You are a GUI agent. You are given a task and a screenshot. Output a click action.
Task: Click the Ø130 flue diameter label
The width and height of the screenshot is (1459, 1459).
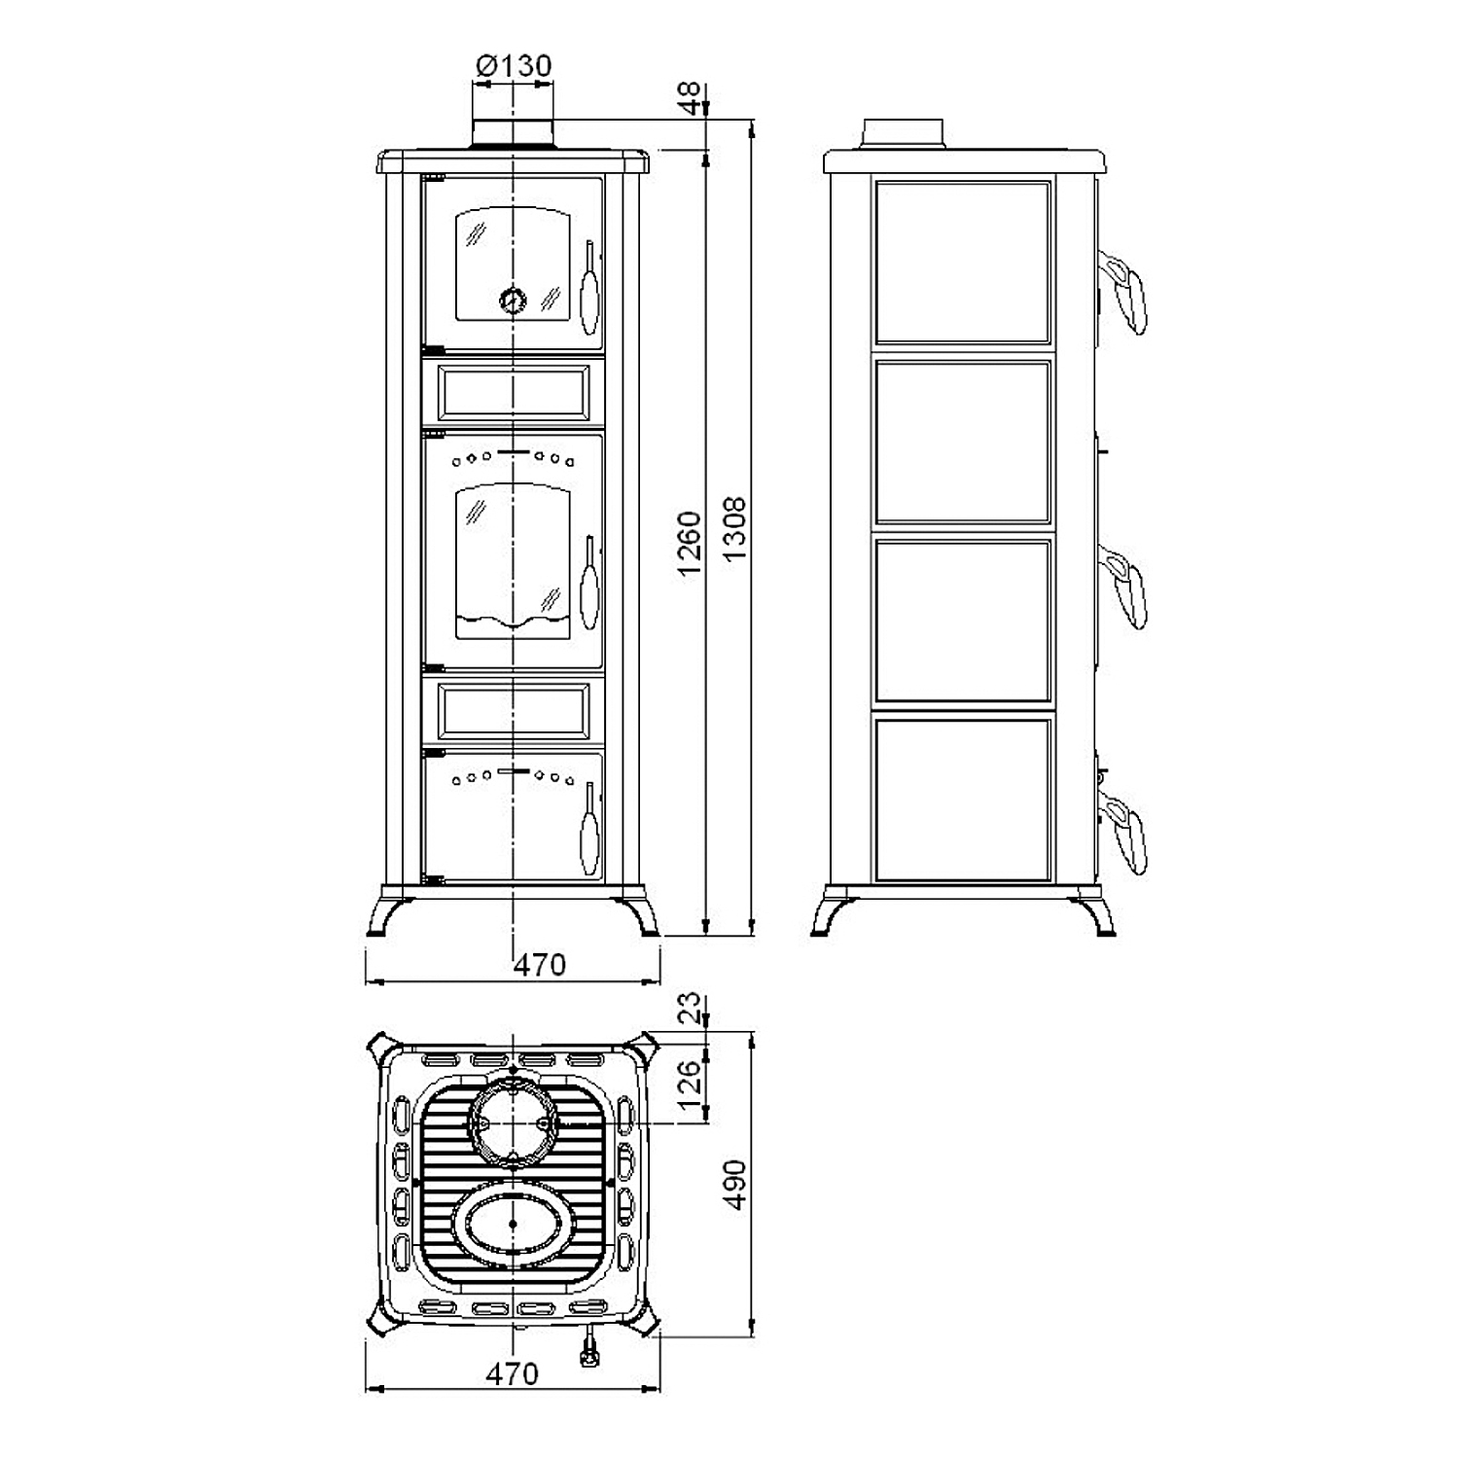pyautogui.click(x=514, y=66)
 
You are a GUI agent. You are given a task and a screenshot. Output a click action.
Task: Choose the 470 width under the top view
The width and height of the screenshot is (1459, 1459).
pyautogui.click(x=512, y=1373)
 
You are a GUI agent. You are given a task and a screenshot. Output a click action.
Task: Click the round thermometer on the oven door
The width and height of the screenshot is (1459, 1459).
pyautogui.click(x=513, y=300)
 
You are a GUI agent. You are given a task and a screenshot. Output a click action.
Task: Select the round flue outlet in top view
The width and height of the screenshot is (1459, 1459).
pyautogui.click(x=513, y=1122)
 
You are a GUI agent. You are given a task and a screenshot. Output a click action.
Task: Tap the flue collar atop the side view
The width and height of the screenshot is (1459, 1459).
pyautogui.click(x=903, y=134)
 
